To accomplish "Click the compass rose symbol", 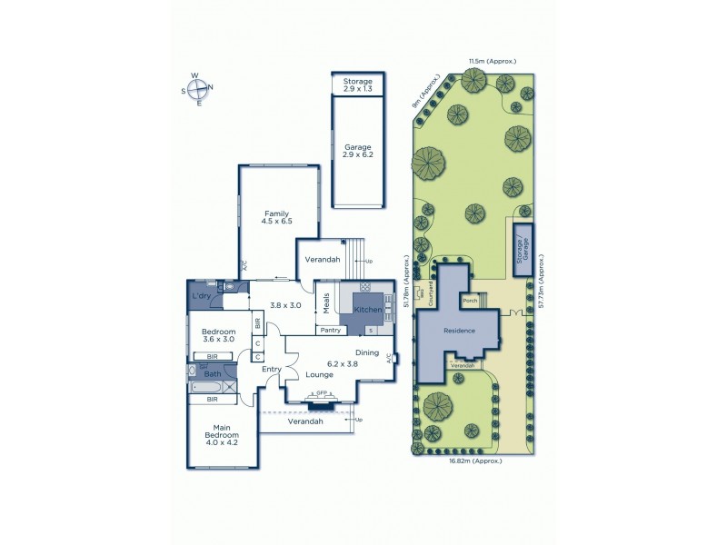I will [198, 88].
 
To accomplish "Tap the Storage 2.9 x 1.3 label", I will [357, 85].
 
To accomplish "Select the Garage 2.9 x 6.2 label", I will [357, 151].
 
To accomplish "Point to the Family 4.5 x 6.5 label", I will [276, 219].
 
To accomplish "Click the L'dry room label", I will [202, 296].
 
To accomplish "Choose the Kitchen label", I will [366, 311].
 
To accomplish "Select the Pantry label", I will [329, 330].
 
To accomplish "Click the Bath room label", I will [212, 373].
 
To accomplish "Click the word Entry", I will [272, 369].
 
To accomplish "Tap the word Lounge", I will [318, 373].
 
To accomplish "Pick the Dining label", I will [367, 352].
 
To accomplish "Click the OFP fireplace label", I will [321, 393].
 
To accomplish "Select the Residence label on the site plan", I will [459, 331].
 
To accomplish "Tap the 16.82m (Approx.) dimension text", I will [476, 461].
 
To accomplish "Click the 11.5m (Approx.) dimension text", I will [492, 61].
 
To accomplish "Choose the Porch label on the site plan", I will [470, 301].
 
